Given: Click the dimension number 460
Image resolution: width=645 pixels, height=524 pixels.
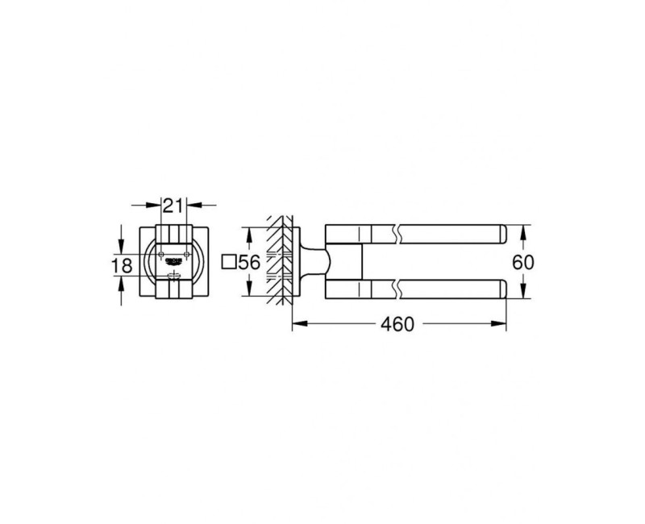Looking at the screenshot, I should [x=397, y=324].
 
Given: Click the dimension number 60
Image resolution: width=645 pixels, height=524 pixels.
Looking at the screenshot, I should [x=524, y=263].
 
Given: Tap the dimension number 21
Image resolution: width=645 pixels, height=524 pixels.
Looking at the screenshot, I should [x=172, y=206].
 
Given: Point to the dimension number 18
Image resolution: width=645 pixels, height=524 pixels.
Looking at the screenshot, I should [x=122, y=265].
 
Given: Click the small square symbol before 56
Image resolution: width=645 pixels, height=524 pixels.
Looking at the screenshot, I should [x=228, y=262].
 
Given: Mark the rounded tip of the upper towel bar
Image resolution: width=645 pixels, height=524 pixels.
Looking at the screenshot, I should [x=501, y=235].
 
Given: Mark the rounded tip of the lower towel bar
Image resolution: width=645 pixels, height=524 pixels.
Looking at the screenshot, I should [x=501, y=289].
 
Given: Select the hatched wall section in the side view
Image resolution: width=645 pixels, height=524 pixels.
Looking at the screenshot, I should [x=278, y=262].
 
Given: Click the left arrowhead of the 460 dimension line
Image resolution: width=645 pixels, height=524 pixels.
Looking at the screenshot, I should [x=295, y=324].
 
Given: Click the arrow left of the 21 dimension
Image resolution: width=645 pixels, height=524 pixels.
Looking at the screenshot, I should [x=152, y=206].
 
